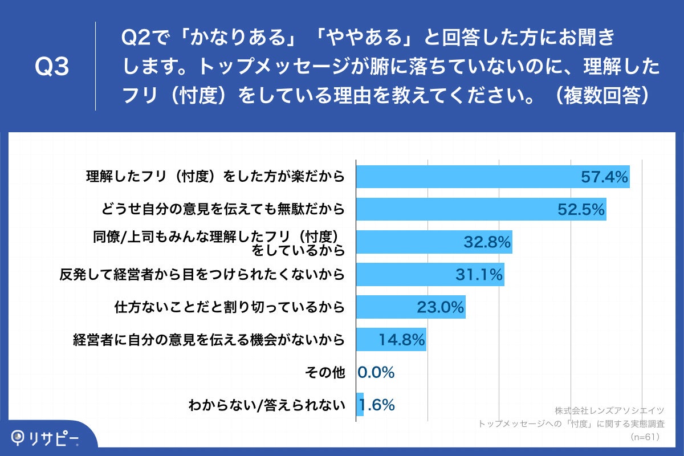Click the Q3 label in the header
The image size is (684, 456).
(52, 67)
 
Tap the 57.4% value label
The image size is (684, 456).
(604, 177)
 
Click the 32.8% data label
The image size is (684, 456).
(486, 243)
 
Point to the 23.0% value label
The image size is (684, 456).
(440, 308)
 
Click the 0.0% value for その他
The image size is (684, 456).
(376, 373)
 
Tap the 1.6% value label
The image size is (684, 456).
(377, 405)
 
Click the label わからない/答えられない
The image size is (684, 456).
(267, 406)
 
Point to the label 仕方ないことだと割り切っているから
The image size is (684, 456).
(230, 308)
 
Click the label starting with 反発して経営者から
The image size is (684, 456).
(202, 275)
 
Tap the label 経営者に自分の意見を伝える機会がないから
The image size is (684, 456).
(209, 341)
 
